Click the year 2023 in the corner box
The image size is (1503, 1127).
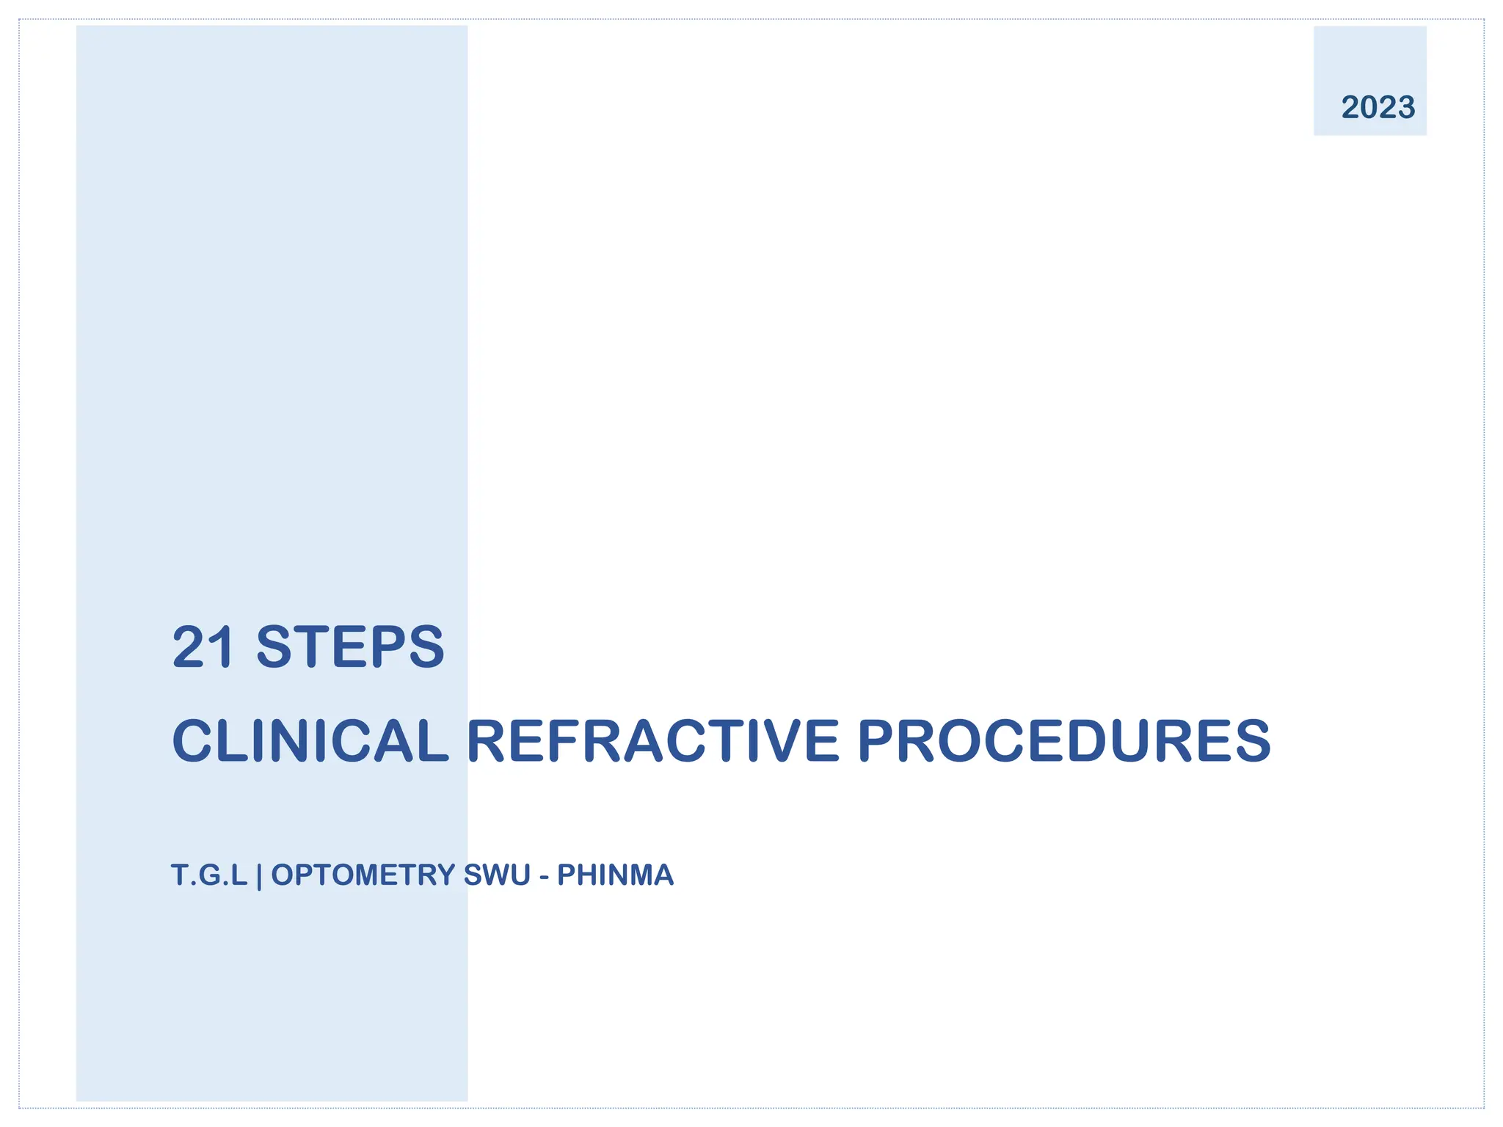[1378, 108]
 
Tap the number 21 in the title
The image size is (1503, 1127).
[203, 647]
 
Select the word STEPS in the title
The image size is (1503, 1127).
[350, 647]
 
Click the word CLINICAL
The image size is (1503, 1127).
[310, 741]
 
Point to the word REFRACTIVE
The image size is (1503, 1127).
[652, 741]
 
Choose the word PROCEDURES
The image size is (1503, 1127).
[1063, 741]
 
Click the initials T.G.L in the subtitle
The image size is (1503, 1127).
[209, 875]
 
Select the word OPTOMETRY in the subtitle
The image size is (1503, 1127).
[363, 875]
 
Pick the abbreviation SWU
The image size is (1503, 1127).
[497, 875]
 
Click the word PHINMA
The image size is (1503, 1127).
[615, 875]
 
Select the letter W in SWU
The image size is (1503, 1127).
[496, 875]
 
